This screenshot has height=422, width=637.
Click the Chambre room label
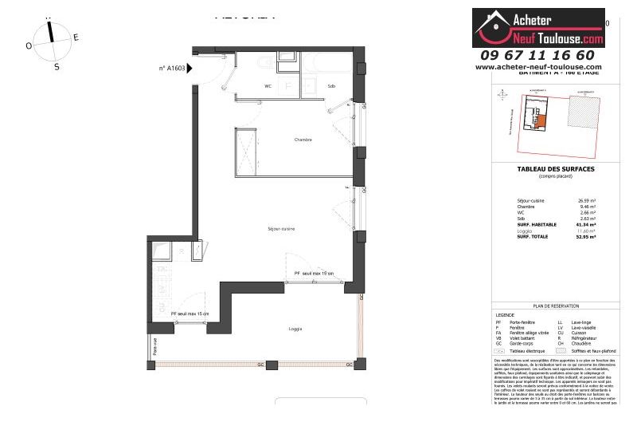[x=303, y=140]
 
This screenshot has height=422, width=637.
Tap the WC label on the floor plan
[x=268, y=86]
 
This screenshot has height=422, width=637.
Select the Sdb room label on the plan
[x=331, y=86]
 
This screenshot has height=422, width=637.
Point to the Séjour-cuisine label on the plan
[x=281, y=229]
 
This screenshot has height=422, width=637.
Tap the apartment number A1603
[x=172, y=69]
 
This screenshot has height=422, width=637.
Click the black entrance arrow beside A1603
[x=190, y=69]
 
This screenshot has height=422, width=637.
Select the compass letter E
[x=76, y=37]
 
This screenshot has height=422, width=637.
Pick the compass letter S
[x=57, y=67]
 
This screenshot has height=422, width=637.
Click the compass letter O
[x=29, y=46]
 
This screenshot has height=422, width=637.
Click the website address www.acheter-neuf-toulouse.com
[x=538, y=67]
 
